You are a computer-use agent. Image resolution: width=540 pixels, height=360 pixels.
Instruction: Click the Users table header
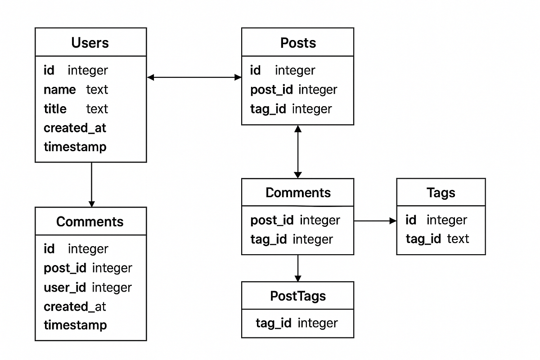coord(90,43)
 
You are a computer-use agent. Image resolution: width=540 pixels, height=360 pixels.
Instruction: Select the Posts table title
coord(298,43)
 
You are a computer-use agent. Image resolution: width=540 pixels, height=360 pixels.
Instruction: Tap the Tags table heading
coord(441,193)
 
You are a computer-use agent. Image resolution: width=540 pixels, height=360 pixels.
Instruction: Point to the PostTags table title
coord(298,296)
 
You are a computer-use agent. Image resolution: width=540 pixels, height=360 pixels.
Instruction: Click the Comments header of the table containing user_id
coord(90,221)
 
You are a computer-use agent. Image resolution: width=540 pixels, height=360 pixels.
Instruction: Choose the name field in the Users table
coord(59,90)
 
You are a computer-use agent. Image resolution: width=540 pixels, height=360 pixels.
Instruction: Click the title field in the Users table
coord(55,109)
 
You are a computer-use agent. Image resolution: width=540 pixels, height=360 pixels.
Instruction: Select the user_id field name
coord(65,287)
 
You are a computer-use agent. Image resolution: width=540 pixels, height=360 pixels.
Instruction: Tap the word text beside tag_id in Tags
coord(458,238)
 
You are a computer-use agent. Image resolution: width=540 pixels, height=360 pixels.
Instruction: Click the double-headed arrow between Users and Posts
coord(194,77)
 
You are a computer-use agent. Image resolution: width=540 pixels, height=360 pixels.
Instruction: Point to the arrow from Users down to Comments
coord(91,184)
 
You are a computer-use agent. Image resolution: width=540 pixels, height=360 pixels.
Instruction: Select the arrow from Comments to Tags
coord(375,221)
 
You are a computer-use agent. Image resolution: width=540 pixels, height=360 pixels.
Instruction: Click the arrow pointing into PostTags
coord(297,269)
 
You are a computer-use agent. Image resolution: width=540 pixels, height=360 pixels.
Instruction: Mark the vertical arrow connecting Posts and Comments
coord(297,152)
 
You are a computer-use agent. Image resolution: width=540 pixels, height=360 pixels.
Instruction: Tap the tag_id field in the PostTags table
coord(274,323)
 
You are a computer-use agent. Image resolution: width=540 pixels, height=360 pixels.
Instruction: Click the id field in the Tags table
coord(410,220)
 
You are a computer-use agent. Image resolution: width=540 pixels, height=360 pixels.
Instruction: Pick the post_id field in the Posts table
coord(271,90)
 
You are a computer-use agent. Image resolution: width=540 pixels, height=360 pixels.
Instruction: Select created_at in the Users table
coord(75,128)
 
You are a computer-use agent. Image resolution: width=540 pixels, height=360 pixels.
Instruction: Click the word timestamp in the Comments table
coord(75,325)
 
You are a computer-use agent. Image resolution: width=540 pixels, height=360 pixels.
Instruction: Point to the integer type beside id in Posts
coord(295,70)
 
